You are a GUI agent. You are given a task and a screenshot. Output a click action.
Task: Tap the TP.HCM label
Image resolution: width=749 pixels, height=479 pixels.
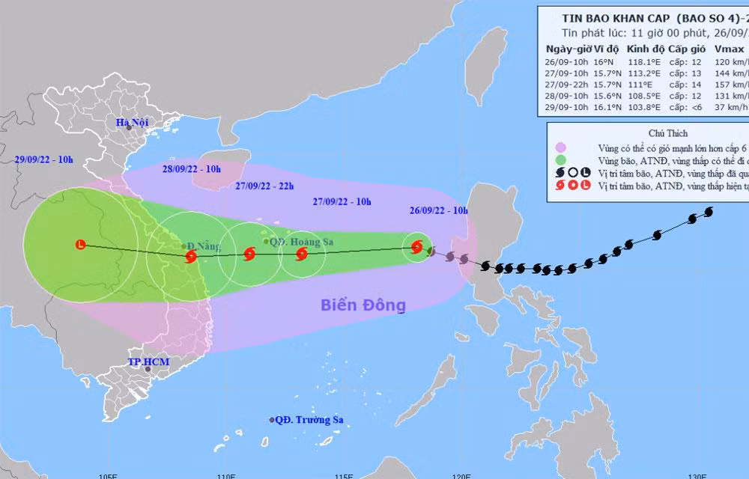[x=148, y=362]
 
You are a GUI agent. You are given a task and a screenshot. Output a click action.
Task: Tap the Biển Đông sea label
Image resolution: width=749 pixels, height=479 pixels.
[x=363, y=305]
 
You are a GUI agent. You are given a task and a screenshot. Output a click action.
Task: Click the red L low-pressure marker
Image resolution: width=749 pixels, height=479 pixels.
[x=80, y=244]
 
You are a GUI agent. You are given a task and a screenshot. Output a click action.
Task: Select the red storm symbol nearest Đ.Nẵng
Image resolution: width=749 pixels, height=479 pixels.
[x=190, y=257]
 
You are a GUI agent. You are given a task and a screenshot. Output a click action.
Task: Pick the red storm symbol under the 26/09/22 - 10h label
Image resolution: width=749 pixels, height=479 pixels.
[x=417, y=248]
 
